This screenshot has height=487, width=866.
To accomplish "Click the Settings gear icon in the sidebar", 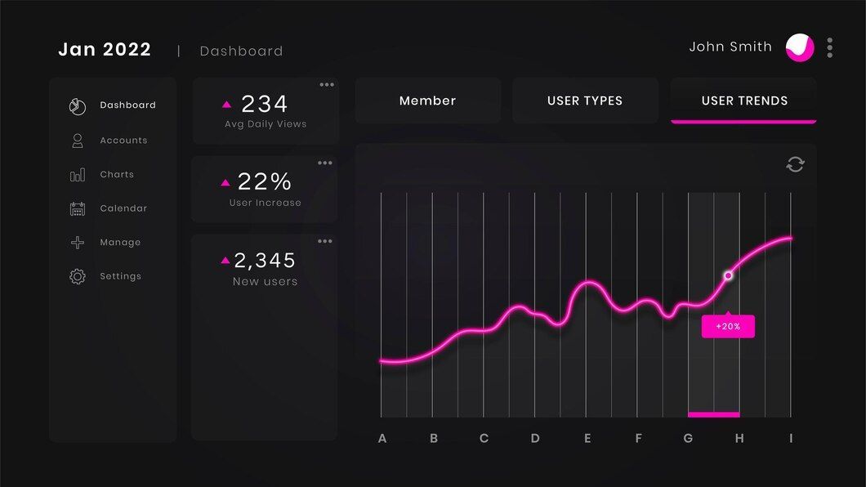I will point(78,276).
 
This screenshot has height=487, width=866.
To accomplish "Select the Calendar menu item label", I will point(123,208).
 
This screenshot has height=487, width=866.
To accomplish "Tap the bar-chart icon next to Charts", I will point(78,175).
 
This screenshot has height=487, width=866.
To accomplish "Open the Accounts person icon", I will point(78,141).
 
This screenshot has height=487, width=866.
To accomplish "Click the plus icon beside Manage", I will point(78,243).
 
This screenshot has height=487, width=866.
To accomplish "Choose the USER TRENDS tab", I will point(743,101).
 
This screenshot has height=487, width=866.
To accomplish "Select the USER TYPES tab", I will point(585,101).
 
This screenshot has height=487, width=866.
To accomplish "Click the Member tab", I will point(427,101).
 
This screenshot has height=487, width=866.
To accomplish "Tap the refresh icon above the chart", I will point(795,164).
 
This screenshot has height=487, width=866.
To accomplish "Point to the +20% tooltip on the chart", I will point(728,326).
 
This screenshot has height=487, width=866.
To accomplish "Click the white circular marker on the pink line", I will point(728,275).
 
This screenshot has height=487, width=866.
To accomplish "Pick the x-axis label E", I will point(587,439).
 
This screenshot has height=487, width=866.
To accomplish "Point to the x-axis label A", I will point(382,439).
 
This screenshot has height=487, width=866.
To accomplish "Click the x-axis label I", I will point(790,439).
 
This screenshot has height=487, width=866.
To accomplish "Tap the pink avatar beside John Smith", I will point(800,47).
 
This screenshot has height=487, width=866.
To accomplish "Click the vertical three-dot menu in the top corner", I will point(830,47).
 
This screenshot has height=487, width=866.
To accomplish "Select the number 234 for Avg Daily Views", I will point(264,104).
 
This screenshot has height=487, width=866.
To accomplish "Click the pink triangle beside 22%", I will point(225,182).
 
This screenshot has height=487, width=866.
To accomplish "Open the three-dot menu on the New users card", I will point(325,241).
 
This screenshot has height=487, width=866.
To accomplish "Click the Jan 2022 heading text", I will point(105,50).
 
